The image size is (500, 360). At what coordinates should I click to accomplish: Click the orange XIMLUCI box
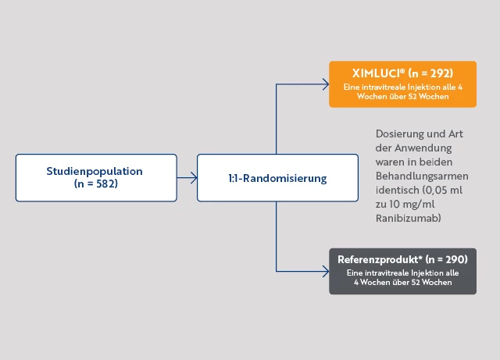click(402, 84)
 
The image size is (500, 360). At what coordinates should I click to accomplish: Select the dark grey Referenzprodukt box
click(402, 270)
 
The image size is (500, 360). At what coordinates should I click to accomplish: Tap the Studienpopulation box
click(95, 178)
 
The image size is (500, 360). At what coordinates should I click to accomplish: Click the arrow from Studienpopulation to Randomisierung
click(187, 178)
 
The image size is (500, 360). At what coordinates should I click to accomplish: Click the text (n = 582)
click(96, 185)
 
